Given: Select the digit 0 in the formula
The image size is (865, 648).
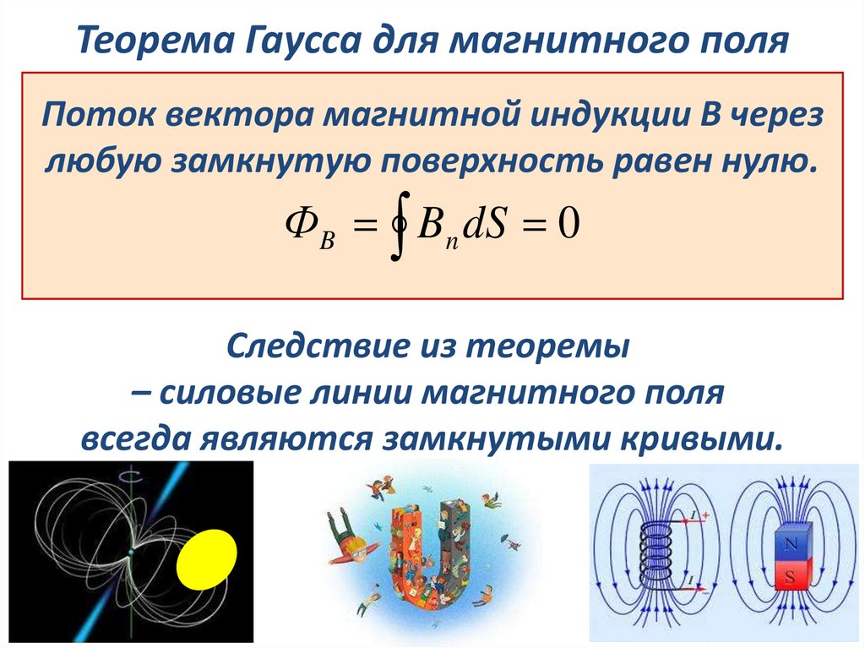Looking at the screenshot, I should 568,226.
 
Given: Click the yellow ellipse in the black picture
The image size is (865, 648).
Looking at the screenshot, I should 206,559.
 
